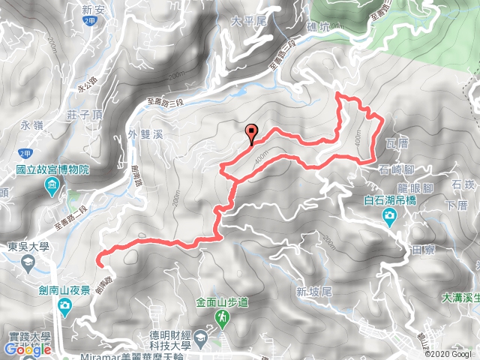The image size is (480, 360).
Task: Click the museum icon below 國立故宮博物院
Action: (x=53, y=185)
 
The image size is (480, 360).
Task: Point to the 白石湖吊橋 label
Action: (x=390, y=200)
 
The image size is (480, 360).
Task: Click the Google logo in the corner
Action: (x=27, y=349)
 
